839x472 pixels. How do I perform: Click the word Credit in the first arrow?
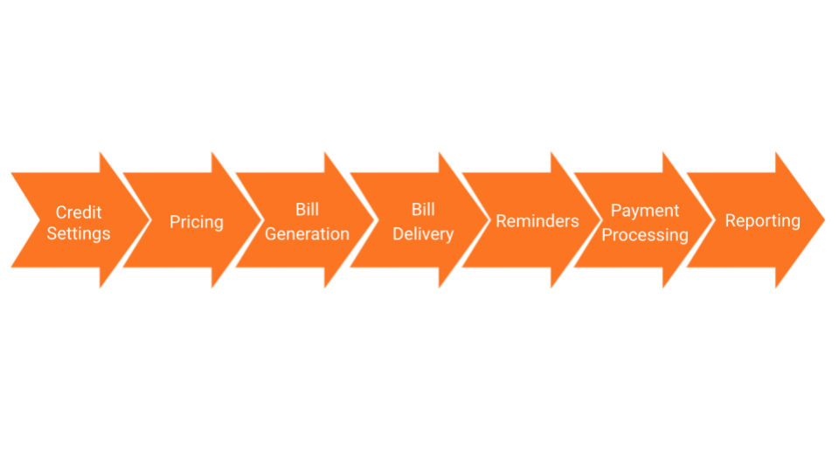79,212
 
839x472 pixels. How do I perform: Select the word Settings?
79,234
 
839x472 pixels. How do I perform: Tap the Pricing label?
196,222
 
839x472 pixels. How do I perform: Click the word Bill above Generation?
307,211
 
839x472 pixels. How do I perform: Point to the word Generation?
307,234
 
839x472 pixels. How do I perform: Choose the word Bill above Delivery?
423,211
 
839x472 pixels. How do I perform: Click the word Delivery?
423,234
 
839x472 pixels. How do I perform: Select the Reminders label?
537,221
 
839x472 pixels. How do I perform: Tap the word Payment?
645,211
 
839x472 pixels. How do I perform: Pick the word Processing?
645,235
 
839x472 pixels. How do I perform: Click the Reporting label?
762,221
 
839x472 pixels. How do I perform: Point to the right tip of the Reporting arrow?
823,220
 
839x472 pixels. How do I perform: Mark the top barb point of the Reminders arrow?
551,154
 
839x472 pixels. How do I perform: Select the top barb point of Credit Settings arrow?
101,154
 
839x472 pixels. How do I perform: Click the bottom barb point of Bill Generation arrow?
325,287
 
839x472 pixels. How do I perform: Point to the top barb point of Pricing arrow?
212,154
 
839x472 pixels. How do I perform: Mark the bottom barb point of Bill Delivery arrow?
440,287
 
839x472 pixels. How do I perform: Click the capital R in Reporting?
731,221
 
